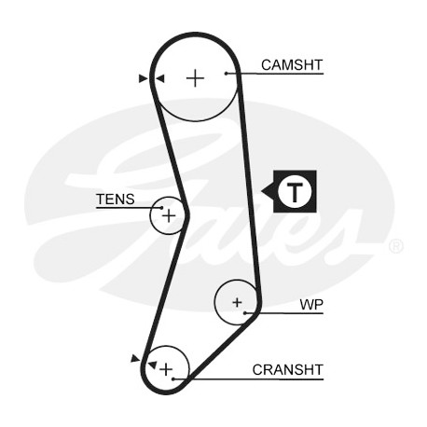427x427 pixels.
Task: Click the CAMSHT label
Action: [x=292, y=65]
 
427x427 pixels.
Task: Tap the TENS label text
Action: [x=116, y=199]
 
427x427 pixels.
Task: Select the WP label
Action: [x=311, y=305]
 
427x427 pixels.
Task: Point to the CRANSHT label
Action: [x=288, y=370]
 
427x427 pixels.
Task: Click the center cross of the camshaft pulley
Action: [x=195, y=77]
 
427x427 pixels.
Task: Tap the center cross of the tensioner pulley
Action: [x=169, y=215]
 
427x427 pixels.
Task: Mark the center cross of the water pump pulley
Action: [x=237, y=302]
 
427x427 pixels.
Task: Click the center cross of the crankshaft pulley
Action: [x=166, y=369]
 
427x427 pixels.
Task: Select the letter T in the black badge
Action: [x=295, y=192]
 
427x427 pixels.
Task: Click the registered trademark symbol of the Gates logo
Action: [x=396, y=246]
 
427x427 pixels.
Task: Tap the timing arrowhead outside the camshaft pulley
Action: [x=144, y=78]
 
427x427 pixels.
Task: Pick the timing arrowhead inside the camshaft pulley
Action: [x=159, y=78]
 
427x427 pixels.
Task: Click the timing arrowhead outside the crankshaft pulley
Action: [x=135, y=358]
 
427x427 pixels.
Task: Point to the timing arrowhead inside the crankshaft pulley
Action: [x=152, y=365]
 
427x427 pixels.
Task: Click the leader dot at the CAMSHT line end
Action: [x=227, y=74]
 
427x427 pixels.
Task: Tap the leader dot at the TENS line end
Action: [x=161, y=208]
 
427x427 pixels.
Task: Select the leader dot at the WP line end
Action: [x=245, y=313]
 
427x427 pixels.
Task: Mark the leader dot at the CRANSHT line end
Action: [x=173, y=379]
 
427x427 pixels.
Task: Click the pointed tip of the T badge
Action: [x=262, y=191]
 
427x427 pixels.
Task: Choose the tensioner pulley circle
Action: [x=150, y=215]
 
